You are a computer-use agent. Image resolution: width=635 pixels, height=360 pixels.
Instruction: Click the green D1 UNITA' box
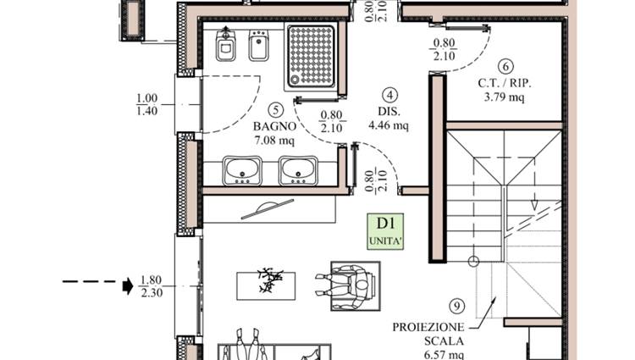385,231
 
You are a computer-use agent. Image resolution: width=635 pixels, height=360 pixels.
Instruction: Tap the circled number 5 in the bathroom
276,109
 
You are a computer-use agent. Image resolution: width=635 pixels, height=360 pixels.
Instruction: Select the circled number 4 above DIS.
389,95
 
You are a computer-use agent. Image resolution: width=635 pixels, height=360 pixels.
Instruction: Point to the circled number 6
505,66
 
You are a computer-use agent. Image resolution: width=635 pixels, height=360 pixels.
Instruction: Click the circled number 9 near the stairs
457,307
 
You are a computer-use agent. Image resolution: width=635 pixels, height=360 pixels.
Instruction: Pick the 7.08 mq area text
274,141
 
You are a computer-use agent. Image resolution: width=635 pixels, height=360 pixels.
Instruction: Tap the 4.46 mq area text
389,125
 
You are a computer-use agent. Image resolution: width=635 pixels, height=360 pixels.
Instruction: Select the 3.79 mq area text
505,97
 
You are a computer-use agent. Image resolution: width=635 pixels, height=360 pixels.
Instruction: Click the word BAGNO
274,126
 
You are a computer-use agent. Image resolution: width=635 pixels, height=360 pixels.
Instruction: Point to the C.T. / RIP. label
505,83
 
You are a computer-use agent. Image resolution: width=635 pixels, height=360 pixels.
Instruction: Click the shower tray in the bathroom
311,55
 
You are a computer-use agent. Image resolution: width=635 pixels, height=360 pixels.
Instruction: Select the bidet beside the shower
259,45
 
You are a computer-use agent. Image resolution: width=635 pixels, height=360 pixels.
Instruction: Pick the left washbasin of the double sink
242,170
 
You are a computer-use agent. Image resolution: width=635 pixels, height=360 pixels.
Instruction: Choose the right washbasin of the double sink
298,170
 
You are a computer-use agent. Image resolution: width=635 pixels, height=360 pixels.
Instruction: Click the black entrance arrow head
128,286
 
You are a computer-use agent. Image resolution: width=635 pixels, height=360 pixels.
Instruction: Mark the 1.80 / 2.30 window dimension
151,286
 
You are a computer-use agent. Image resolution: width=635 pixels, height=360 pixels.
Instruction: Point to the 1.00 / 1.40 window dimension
146,104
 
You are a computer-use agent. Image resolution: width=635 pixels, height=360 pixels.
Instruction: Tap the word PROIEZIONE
428,327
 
